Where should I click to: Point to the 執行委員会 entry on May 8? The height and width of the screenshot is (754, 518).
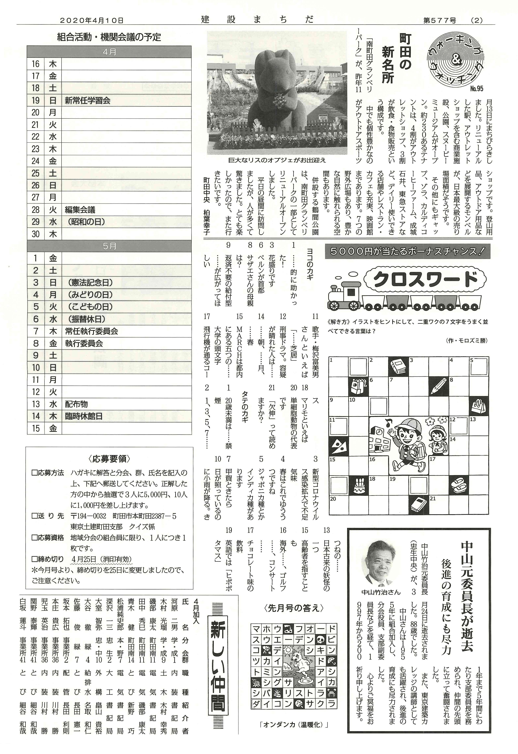coord(84,343)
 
